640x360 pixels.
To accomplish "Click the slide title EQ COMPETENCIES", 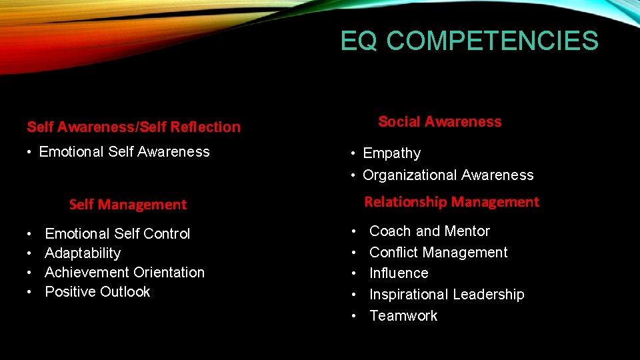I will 469,41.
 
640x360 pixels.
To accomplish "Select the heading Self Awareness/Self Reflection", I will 133,127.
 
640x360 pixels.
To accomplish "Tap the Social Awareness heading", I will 439,122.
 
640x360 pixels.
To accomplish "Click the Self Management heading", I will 128,205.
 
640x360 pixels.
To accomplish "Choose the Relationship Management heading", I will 451,201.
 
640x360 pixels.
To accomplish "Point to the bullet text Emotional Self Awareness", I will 124,152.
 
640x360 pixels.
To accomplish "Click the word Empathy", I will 391,153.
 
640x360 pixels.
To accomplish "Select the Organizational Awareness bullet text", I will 448,175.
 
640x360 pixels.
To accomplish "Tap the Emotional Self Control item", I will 117,234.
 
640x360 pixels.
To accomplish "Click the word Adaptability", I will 83,253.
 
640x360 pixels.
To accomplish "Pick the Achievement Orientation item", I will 125,273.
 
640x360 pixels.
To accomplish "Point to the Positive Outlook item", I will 97,292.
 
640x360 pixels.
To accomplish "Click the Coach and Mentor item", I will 429,231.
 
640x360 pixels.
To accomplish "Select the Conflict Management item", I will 438,253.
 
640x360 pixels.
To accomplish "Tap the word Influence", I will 399,273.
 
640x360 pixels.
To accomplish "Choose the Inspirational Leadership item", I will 447,295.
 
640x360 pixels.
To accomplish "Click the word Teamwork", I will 403,316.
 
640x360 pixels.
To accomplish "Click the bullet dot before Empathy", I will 354,154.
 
